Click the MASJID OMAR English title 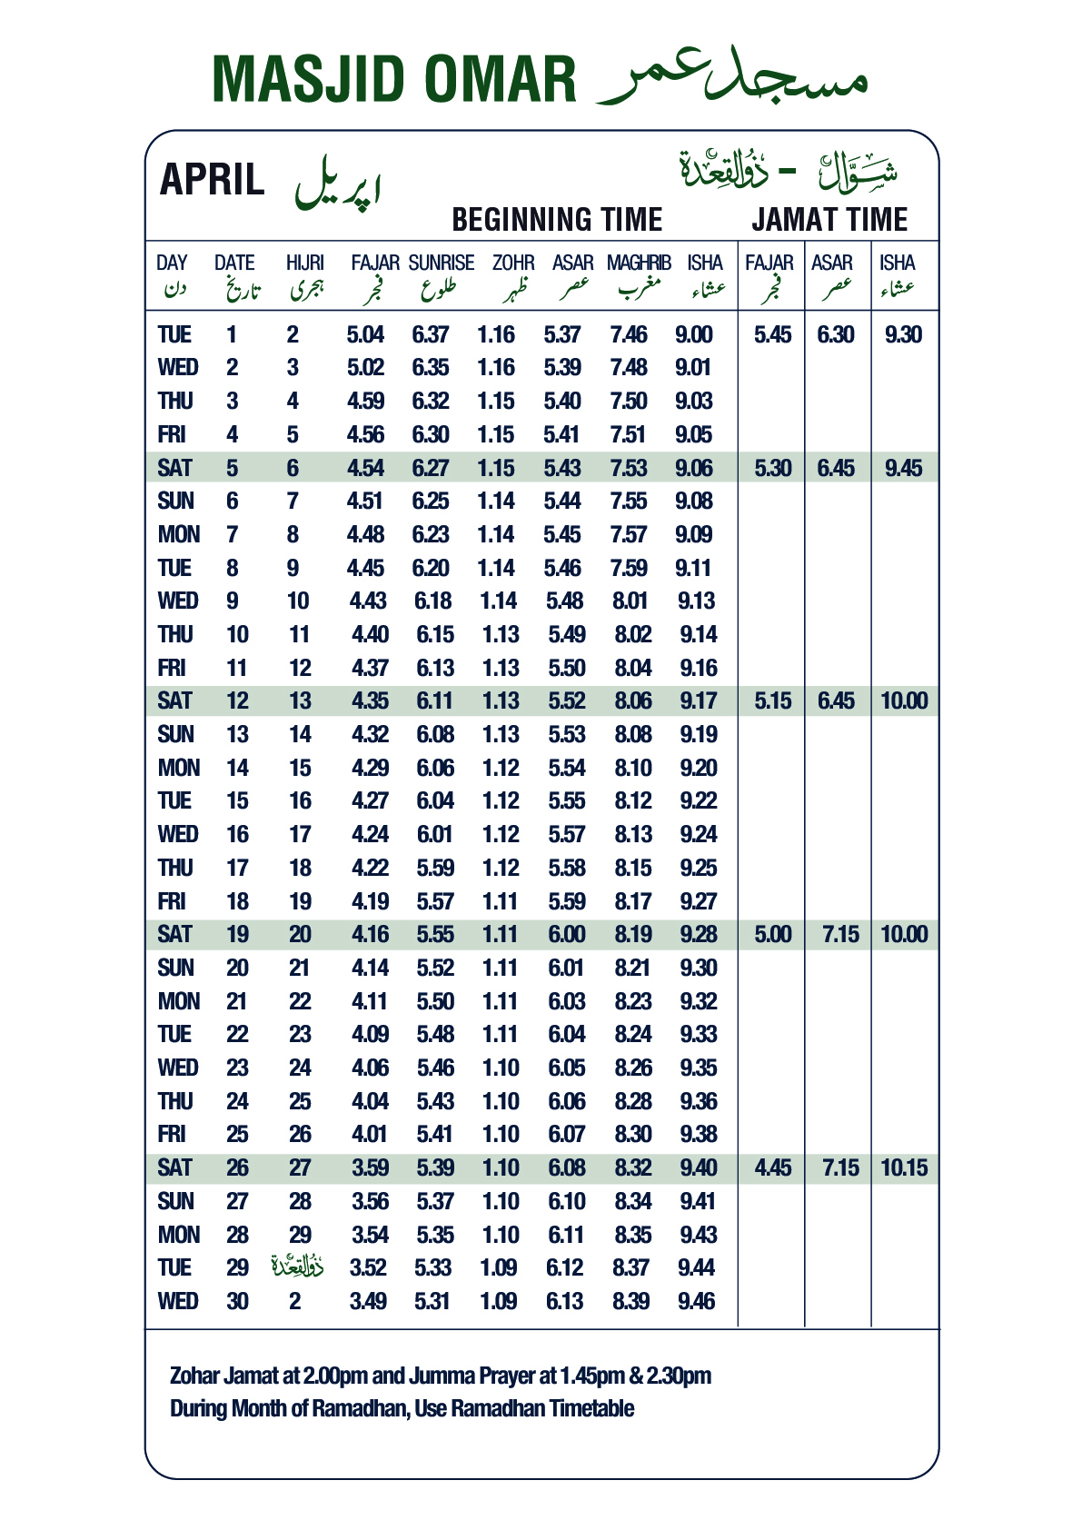pos(393,80)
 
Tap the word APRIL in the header pos(212,180)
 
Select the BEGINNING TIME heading pos(557,220)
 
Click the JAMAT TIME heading pos(829,220)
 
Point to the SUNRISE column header pos(442,263)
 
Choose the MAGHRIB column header pos(639,263)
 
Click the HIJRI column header pos(304,263)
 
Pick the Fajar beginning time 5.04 pos(365,335)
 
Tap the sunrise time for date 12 pos(434,701)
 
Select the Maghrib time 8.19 pos(633,935)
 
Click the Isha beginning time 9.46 pos(697,1302)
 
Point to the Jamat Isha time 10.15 pos(904,1168)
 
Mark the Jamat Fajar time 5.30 pos(773,469)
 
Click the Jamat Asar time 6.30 pos(836,335)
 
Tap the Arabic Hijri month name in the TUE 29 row pos(297,1266)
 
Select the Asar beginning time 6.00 pos(567,935)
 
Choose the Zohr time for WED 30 pos(499,1302)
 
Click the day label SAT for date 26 pos(174,1168)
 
